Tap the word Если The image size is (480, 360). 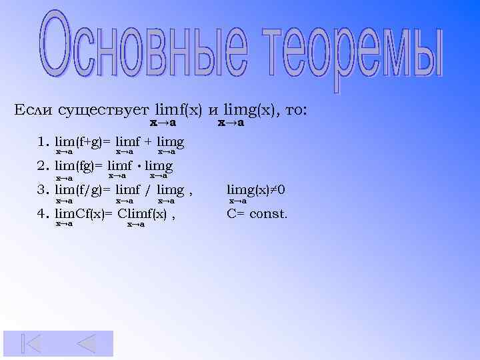click(x=34, y=109)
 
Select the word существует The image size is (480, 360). click(x=103, y=110)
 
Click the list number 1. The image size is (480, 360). click(x=44, y=142)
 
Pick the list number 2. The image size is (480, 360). click(x=44, y=166)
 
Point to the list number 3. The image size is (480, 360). click(x=44, y=191)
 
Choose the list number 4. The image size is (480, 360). click(x=44, y=214)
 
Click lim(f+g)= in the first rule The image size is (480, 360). click(x=83, y=142)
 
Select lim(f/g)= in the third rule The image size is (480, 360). click(x=83, y=191)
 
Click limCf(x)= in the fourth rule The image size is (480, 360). click(x=84, y=214)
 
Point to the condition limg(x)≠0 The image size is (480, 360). click(x=256, y=191)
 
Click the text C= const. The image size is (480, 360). click(x=257, y=214)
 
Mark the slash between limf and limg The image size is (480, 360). click(x=148, y=191)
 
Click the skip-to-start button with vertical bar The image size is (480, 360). click(x=31, y=343)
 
